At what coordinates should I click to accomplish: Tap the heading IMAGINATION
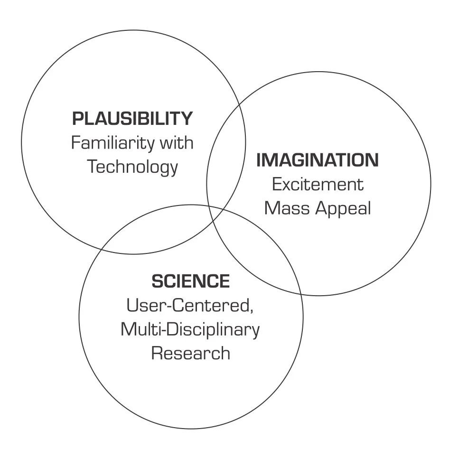318,160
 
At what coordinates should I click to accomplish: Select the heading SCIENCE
191,281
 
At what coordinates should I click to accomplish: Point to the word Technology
133,167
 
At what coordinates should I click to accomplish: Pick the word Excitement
318,184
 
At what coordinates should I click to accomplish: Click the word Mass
286,208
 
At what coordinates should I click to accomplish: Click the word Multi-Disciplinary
190,330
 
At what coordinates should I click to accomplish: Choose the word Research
191,354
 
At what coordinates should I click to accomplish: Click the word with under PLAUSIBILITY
177,143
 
